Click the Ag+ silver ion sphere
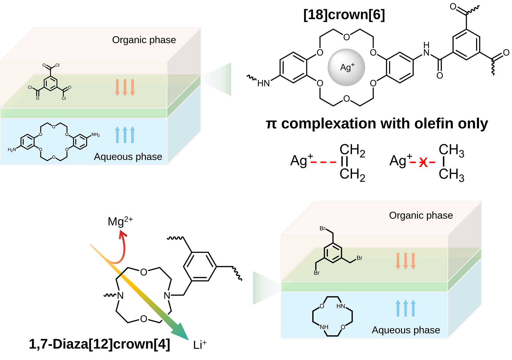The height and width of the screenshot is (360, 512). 346,67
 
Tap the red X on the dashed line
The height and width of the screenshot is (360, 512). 423,162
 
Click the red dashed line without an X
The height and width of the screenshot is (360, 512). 323,162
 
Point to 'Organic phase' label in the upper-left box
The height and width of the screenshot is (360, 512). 144,40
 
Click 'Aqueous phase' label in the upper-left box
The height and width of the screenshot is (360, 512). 128,157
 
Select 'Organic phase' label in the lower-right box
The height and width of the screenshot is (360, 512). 421,215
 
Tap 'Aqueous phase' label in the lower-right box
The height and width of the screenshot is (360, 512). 406,330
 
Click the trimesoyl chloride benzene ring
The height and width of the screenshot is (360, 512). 51,84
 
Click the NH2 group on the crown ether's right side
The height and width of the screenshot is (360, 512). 96,135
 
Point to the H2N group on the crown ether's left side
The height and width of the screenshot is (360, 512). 12,150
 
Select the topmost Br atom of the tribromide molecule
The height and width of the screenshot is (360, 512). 323,228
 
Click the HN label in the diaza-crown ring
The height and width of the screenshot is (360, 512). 341,306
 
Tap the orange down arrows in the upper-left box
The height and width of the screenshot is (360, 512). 125,87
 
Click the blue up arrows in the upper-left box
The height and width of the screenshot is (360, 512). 125,135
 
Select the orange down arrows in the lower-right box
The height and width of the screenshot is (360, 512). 405,261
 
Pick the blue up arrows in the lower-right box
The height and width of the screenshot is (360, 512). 405,308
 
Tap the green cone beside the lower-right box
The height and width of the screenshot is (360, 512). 264,288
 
